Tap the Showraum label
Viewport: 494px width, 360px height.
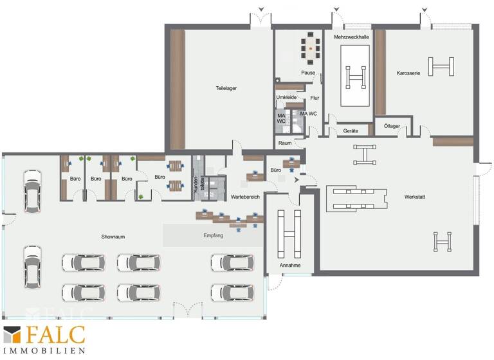(113, 237)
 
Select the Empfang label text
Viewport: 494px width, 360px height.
(213, 236)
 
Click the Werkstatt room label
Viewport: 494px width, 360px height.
(417, 196)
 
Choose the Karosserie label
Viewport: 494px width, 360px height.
(408, 73)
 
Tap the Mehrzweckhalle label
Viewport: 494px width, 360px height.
(351, 37)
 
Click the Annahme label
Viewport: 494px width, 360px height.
(290, 264)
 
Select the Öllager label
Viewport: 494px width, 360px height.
(392, 126)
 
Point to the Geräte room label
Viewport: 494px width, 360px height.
(351, 131)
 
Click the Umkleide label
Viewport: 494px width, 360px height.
(286, 98)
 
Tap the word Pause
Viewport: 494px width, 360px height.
(308, 73)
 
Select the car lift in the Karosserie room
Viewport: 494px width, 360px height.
(441, 66)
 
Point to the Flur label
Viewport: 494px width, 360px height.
(315, 98)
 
